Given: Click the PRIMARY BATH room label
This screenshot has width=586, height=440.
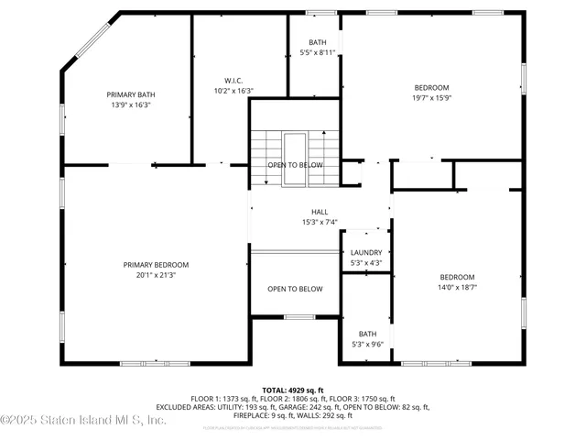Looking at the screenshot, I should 131,94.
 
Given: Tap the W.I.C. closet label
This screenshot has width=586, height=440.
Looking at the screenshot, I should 233,80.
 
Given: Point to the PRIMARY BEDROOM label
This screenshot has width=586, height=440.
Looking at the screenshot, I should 156,265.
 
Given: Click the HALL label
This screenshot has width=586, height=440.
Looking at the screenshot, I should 294,212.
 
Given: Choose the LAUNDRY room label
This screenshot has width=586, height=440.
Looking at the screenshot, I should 366,253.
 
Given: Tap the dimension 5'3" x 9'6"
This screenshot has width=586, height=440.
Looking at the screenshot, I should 367,344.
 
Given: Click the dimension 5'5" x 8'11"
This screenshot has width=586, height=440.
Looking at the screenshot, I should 318,53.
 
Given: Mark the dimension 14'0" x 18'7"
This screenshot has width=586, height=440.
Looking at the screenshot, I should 457,288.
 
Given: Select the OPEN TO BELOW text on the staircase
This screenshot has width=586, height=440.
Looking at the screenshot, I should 295,165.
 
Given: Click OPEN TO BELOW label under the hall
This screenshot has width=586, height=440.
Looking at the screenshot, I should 295,289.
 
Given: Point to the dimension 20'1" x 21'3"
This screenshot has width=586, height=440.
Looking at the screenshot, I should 156,275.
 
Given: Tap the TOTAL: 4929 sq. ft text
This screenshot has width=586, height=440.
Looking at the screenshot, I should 293,390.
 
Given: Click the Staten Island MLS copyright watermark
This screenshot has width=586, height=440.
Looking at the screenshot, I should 83,420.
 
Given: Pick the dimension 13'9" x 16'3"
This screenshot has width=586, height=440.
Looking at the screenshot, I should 131,104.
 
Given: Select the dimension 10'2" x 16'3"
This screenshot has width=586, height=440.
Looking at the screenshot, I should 233,90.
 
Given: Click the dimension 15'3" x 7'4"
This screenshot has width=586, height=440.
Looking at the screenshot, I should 294,222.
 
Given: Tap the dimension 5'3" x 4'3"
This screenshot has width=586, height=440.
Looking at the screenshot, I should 366,263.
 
